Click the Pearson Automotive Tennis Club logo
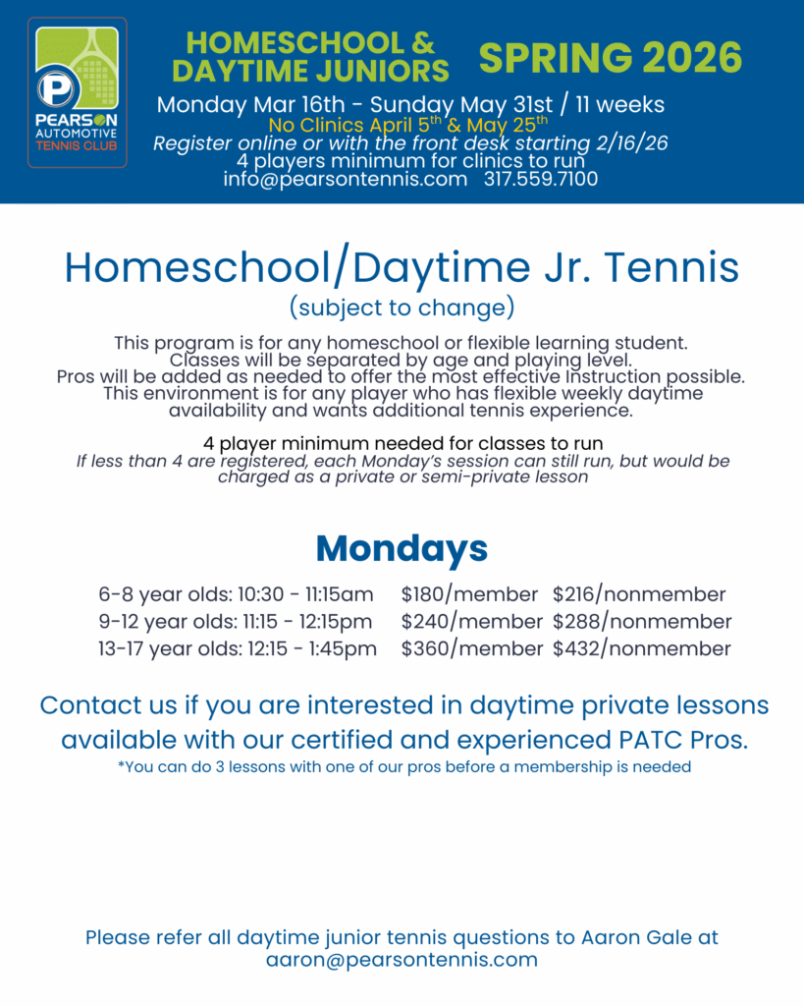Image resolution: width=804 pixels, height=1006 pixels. [x=78, y=92]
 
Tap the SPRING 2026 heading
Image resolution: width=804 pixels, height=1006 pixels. [x=610, y=58]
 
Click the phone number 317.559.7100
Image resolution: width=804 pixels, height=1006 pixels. [x=540, y=179]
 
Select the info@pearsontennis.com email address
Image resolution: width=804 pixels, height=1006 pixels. [x=345, y=179]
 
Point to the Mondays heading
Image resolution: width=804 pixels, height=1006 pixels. [x=402, y=548]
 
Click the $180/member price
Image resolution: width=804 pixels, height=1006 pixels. [x=469, y=594]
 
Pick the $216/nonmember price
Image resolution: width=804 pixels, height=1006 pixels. [x=639, y=594]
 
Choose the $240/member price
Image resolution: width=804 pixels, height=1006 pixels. [x=471, y=622]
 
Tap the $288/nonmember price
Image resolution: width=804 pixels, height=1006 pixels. [x=642, y=622]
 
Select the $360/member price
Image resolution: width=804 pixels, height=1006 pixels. [x=471, y=649]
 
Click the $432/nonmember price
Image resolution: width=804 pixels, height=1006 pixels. [x=642, y=649]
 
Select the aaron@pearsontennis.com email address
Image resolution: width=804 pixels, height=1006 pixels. [x=402, y=960]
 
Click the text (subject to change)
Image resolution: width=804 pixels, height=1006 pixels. [x=402, y=307]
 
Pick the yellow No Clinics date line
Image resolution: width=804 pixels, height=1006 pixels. [x=408, y=125]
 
